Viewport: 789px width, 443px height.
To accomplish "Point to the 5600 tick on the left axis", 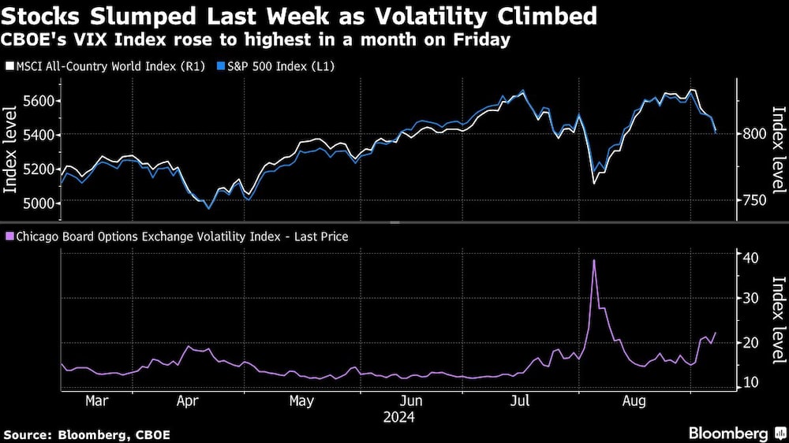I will tap(39, 101).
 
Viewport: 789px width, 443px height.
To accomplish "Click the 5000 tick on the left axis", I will tap(39, 203).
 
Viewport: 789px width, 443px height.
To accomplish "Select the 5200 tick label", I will tap(39, 169).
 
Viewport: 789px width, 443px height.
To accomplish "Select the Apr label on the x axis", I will tap(187, 401).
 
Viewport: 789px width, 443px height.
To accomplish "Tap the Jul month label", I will tap(520, 401).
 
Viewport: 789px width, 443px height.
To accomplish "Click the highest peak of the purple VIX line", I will tap(593, 260).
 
